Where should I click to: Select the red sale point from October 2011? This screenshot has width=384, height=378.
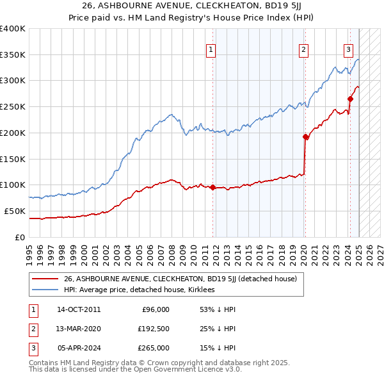[213, 187]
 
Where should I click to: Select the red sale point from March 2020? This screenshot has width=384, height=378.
[305, 136]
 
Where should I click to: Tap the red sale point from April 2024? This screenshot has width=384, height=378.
[350, 99]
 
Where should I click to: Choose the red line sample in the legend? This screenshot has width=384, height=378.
[45, 279]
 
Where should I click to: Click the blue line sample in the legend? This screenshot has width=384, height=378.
[45, 290]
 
